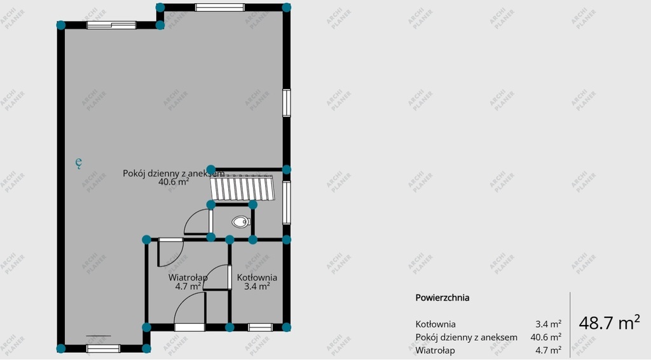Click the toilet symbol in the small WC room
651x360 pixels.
click(241, 222)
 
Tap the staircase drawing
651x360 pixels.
click(242, 188)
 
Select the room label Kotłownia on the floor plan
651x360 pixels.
click(257, 277)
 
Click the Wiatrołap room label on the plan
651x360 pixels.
click(188, 277)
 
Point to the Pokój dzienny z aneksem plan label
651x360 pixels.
click(174, 173)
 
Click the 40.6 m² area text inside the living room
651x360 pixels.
click(174, 182)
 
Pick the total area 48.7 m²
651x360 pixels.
click(609, 322)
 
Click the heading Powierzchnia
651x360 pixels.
click(442, 298)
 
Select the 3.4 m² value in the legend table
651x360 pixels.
click(548, 324)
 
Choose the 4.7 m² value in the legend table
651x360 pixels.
click(548, 350)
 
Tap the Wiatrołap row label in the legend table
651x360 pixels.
click(435, 350)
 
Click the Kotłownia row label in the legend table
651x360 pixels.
click(435, 324)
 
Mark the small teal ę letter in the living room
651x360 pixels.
click(78, 162)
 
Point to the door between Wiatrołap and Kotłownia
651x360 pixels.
click(217, 277)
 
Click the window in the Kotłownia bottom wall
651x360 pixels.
click(260, 328)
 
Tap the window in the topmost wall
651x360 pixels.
click(219, 7)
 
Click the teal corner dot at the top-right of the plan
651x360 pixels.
click(287, 7)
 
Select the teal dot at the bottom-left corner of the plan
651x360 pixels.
click(61, 349)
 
